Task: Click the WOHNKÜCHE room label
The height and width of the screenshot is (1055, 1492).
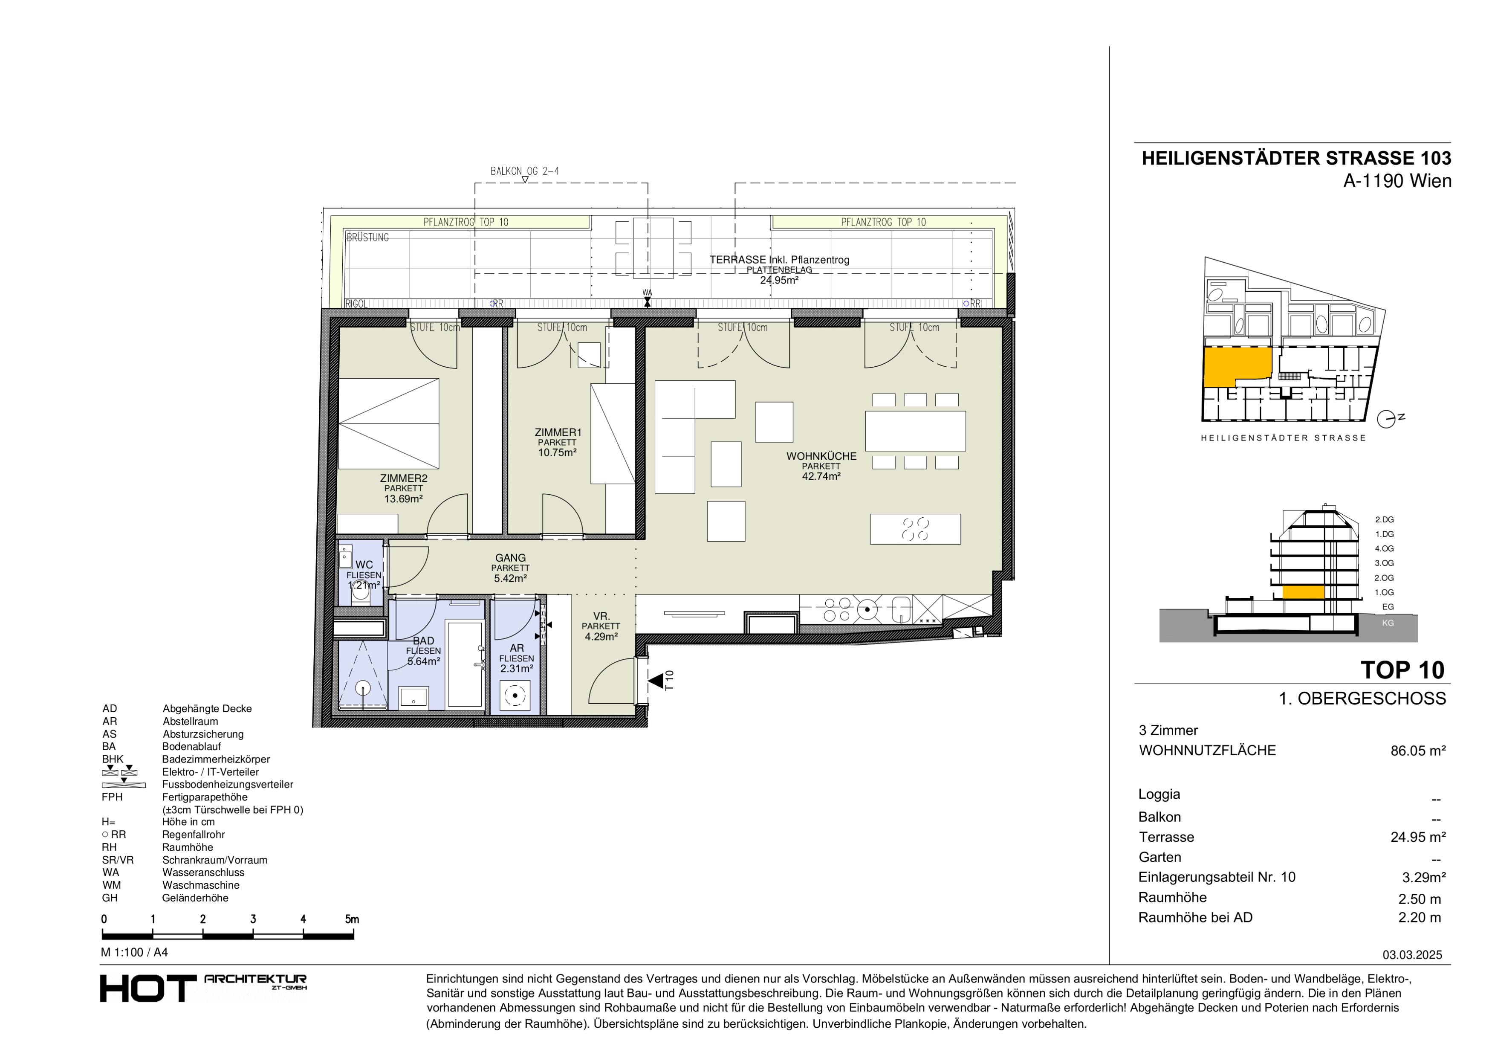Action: coord(821,456)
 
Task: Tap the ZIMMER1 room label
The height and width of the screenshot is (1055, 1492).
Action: coord(558,432)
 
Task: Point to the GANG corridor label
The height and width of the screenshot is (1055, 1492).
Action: coord(510,558)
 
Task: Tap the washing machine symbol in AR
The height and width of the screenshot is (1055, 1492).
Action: coord(515,696)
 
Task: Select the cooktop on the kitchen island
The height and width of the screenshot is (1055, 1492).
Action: coord(915,529)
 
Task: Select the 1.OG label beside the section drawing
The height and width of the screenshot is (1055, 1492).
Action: coord(1384,592)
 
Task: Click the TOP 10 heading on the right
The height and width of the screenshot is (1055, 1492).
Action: coord(1402,670)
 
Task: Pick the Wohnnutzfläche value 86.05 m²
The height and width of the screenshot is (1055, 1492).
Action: coord(1418,751)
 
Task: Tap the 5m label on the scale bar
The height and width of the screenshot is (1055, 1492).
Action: coord(352,919)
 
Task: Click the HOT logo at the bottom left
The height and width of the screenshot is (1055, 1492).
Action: coord(147,989)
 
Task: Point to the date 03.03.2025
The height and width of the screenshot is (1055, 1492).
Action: coord(1412,955)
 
